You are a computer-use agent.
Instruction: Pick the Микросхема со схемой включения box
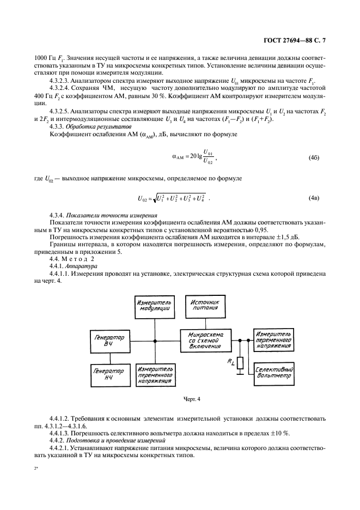point(204,340)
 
